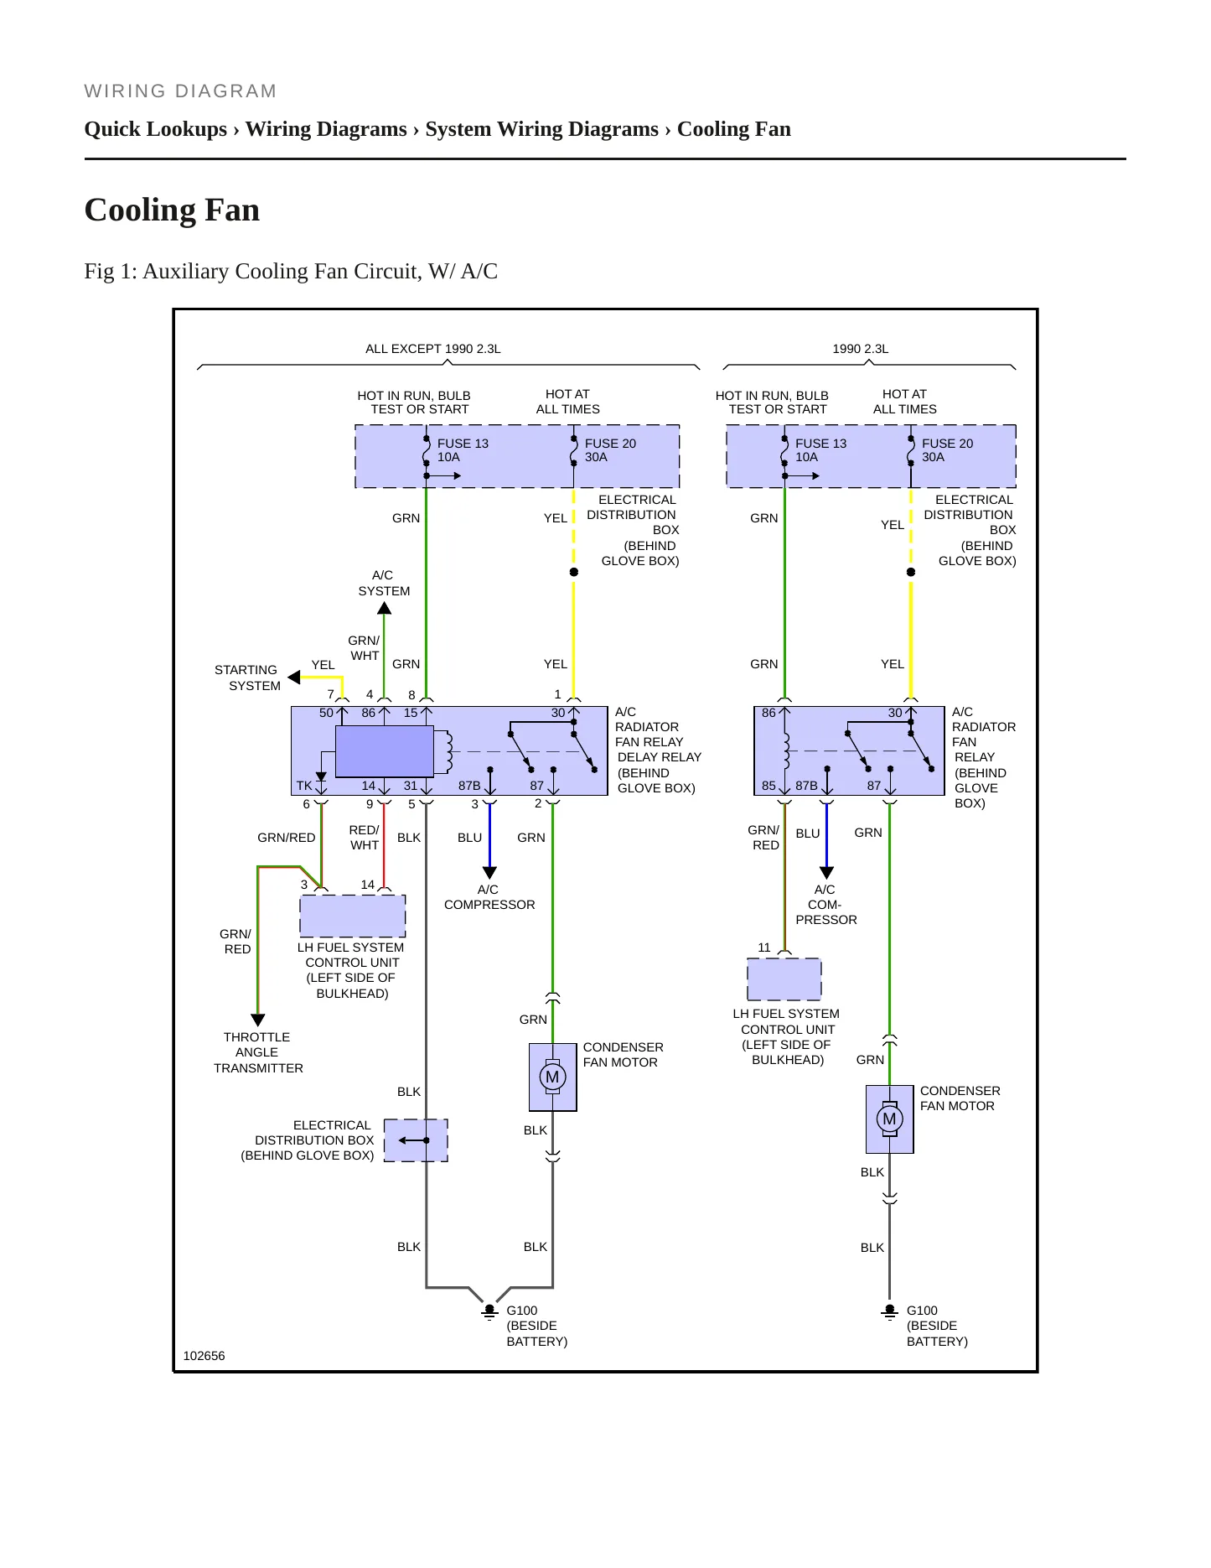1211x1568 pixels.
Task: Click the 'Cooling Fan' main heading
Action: tap(172, 210)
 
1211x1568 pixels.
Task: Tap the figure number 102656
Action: tap(204, 1356)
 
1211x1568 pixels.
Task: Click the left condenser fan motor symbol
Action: tap(552, 1077)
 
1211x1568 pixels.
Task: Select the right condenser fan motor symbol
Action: tap(889, 1119)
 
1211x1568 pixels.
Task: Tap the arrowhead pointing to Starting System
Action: tap(294, 677)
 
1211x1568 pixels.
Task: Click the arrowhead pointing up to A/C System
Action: tap(384, 608)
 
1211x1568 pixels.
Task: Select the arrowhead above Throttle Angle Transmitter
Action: tap(258, 1020)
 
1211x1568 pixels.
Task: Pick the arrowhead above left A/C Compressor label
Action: tap(490, 872)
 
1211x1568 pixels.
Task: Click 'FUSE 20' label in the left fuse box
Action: tap(610, 444)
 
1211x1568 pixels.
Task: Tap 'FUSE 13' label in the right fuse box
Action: tap(820, 444)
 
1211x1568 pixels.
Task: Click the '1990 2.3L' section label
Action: tap(861, 349)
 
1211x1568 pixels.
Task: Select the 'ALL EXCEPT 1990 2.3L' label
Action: tap(433, 349)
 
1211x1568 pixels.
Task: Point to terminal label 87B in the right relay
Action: tap(806, 786)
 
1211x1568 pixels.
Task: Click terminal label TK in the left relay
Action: tap(304, 786)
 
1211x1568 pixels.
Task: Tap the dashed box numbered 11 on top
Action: tap(784, 979)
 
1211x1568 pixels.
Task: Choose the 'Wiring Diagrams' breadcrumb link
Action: tap(326, 129)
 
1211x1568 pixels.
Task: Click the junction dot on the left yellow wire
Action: tap(574, 572)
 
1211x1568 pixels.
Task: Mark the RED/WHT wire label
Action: tap(364, 838)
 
